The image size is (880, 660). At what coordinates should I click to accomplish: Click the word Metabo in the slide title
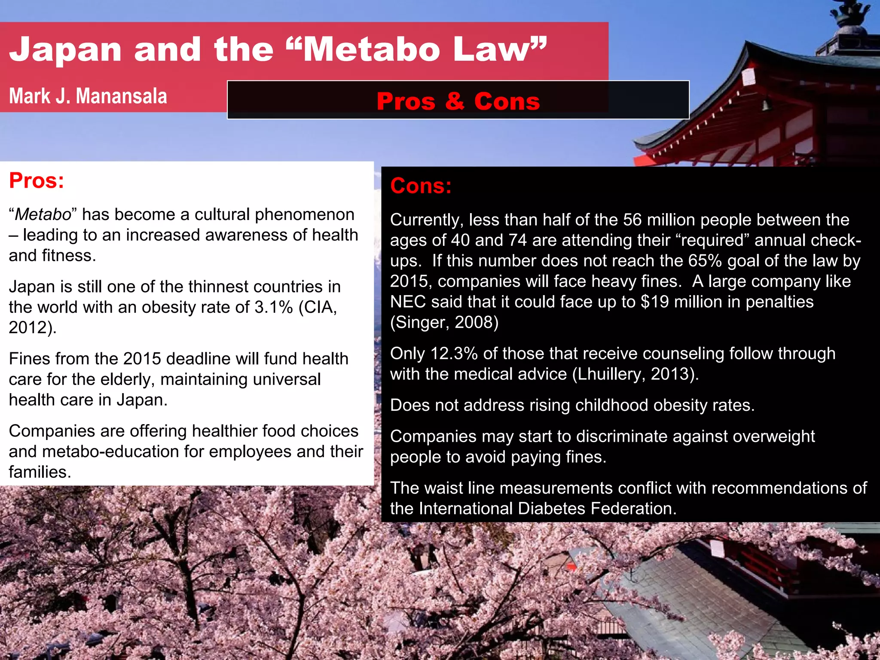click(372, 49)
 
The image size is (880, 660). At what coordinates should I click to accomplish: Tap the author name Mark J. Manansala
click(88, 96)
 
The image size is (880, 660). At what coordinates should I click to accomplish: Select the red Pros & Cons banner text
click(458, 101)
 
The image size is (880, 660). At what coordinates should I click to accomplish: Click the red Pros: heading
click(37, 180)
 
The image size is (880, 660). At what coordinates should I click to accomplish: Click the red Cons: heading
click(421, 186)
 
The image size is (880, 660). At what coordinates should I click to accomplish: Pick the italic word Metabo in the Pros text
click(43, 214)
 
